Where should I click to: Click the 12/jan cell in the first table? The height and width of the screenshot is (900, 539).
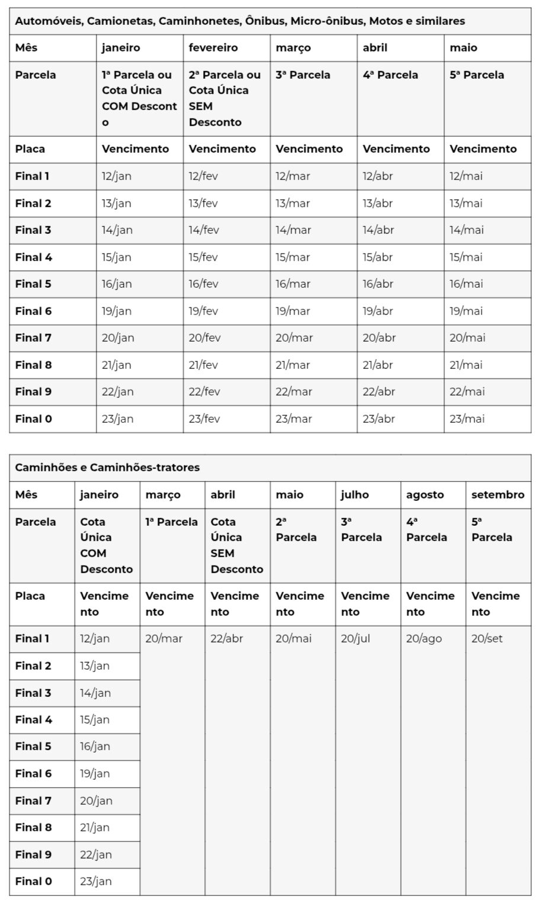(x=115, y=176)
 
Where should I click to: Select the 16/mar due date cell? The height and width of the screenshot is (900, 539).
(x=293, y=284)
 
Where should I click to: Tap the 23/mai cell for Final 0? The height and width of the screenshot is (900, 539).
(x=467, y=419)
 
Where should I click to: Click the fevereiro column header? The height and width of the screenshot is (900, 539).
(x=213, y=48)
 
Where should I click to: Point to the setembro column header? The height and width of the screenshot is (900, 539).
(x=498, y=494)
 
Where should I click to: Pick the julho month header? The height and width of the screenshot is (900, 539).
(x=355, y=494)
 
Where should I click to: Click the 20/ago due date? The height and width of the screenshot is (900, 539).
(x=424, y=638)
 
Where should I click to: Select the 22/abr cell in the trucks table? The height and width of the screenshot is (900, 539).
(x=226, y=638)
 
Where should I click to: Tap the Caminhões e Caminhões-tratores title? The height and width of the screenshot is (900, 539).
(x=107, y=467)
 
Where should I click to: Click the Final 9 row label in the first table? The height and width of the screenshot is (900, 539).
(x=33, y=391)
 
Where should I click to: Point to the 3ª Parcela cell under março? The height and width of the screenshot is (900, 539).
(x=303, y=75)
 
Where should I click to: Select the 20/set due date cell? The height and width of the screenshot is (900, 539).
(x=487, y=638)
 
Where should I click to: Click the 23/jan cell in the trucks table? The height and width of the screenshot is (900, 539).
(x=96, y=881)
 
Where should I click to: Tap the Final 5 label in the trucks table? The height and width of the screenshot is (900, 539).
(x=33, y=746)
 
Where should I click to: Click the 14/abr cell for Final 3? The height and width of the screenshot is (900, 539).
(x=378, y=230)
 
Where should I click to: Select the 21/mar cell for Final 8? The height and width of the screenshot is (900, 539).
(x=293, y=365)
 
